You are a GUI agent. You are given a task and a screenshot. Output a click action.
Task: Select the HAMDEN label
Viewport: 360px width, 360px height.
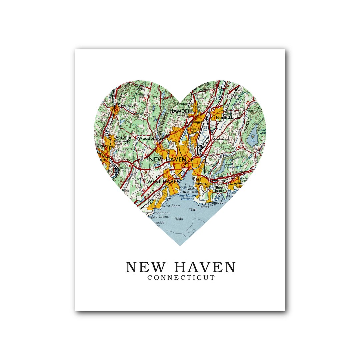click(x=180, y=111)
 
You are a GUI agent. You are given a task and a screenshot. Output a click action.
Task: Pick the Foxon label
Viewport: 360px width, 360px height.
click(x=228, y=155)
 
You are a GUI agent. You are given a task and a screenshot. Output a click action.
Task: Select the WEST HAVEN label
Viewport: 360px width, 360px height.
click(x=164, y=181)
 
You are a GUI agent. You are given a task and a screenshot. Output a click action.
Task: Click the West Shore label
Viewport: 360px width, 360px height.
click(x=171, y=206)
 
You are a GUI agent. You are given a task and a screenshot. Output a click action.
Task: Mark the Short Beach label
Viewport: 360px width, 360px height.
click(x=219, y=189)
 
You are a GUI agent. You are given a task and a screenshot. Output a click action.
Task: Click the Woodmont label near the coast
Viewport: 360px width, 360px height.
click(x=161, y=213)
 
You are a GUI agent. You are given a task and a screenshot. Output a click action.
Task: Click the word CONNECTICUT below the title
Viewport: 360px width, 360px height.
click(x=181, y=278)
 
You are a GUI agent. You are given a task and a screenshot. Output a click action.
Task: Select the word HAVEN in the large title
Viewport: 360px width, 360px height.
click(x=205, y=267)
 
